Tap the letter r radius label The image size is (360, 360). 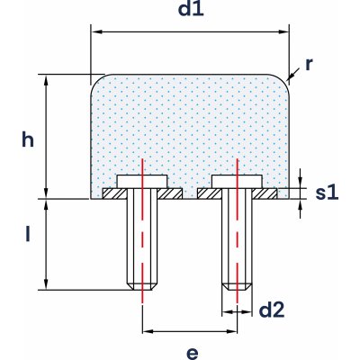point(309,65)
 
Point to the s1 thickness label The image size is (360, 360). point(327,193)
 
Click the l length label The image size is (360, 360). point(28,237)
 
